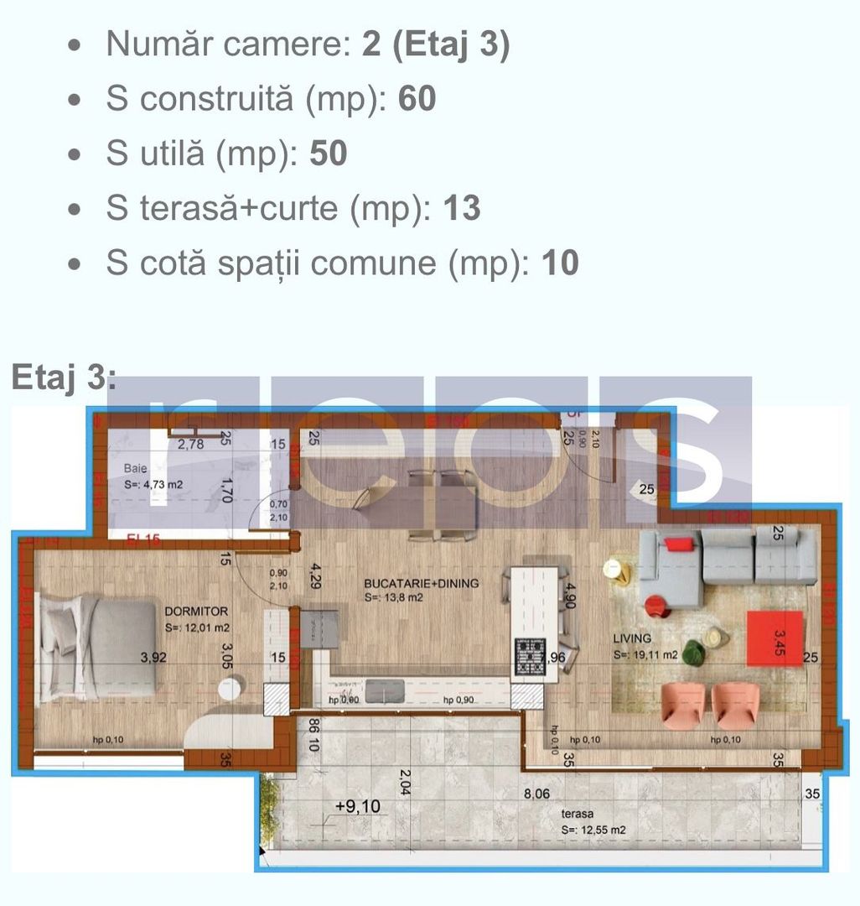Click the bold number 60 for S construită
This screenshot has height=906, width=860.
[417, 99]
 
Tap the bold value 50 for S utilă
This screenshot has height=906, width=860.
[328, 154]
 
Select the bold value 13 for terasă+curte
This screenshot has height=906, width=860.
[461, 208]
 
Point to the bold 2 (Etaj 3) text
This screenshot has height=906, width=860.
[436, 44]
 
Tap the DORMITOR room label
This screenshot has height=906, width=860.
[197, 612]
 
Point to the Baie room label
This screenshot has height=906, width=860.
[136, 468]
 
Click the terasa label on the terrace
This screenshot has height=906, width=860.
[578, 814]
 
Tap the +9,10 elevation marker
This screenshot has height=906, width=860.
[357, 806]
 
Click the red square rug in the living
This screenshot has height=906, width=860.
[775, 638]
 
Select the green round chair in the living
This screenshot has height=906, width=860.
[692, 653]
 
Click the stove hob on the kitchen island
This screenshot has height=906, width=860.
[530, 657]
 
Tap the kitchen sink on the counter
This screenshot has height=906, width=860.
[385, 690]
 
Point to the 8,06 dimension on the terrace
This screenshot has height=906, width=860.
[538, 793]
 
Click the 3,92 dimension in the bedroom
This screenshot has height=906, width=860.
[153, 658]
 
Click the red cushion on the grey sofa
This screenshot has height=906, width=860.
[680, 544]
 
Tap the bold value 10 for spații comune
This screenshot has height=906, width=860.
[560, 263]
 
